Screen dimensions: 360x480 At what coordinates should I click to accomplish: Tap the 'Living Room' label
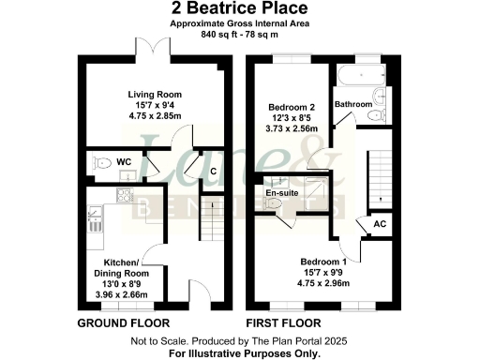tap(155, 95)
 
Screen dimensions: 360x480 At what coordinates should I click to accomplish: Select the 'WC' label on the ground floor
tap(123, 162)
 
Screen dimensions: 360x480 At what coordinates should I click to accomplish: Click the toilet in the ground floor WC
tap(97, 163)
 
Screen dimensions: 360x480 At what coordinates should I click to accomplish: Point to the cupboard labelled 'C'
tap(214, 171)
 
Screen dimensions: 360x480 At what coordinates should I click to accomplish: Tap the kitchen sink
tap(95, 221)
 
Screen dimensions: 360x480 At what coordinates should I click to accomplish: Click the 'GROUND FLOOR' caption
tap(116, 324)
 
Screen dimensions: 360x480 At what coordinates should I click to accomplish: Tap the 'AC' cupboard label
tap(380, 225)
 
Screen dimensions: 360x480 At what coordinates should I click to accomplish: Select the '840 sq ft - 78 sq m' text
tap(240, 35)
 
